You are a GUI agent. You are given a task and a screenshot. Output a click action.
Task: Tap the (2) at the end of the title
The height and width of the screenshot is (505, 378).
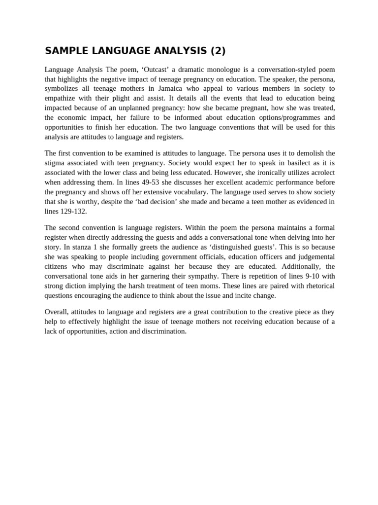(x=218, y=51)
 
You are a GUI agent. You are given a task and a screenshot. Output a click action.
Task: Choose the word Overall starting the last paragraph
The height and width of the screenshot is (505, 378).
(x=57, y=312)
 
